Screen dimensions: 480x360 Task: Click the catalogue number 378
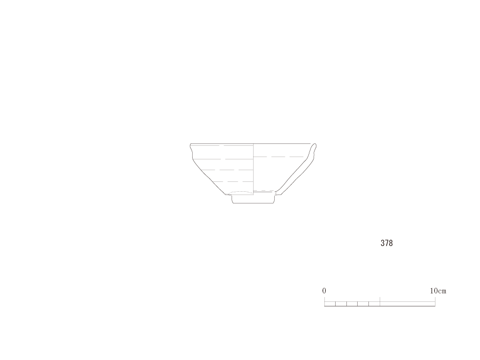point(387,243)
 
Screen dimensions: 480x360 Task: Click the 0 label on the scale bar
point(324,291)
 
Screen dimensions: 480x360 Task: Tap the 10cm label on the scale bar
point(438,291)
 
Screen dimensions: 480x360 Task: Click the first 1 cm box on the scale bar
point(330,304)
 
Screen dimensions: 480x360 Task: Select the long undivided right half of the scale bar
point(407,304)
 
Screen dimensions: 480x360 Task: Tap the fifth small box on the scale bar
point(375,304)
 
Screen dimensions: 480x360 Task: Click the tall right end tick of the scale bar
point(435,301)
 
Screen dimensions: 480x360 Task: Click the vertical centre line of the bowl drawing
point(254,169)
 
